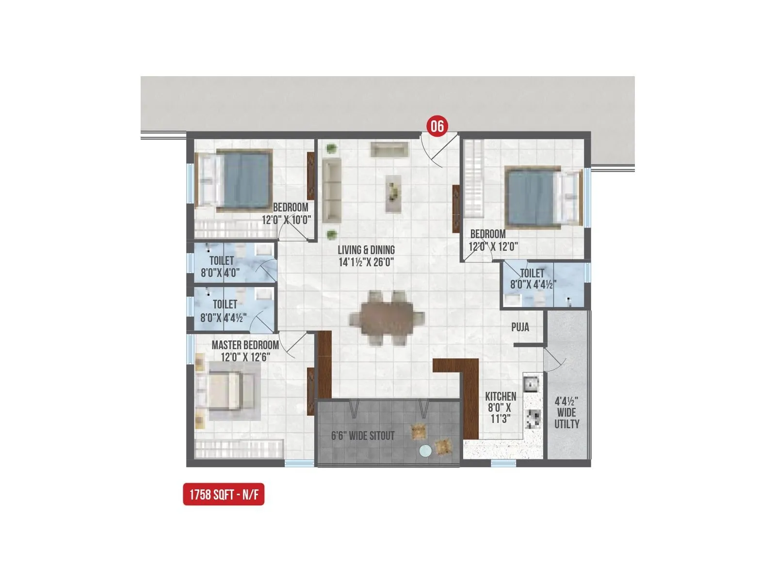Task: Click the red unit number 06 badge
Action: pyautogui.click(x=437, y=126)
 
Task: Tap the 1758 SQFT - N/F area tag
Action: pyautogui.click(x=224, y=495)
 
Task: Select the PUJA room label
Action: pyautogui.click(x=520, y=327)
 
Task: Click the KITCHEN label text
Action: pyautogui.click(x=501, y=397)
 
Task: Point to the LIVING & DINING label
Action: pyautogui.click(x=366, y=250)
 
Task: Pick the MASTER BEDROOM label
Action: pyautogui.click(x=245, y=345)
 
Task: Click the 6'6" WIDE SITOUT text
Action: pyautogui.click(x=363, y=436)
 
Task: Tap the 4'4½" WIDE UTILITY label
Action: pyautogui.click(x=566, y=413)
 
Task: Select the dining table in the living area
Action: pyautogui.click(x=387, y=318)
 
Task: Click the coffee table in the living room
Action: pyautogui.click(x=394, y=194)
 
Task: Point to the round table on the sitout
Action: pyautogui.click(x=425, y=451)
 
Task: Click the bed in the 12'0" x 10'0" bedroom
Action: pyautogui.click(x=233, y=179)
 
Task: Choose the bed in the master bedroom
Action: pyautogui.click(x=226, y=391)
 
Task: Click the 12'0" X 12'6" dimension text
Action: pyautogui.click(x=245, y=357)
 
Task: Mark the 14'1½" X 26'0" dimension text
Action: pyautogui.click(x=366, y=262)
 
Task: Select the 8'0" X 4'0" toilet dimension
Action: pyautogui.click(x=220, y=273)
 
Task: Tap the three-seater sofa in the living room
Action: pyautogui.click(x=332, y=190)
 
